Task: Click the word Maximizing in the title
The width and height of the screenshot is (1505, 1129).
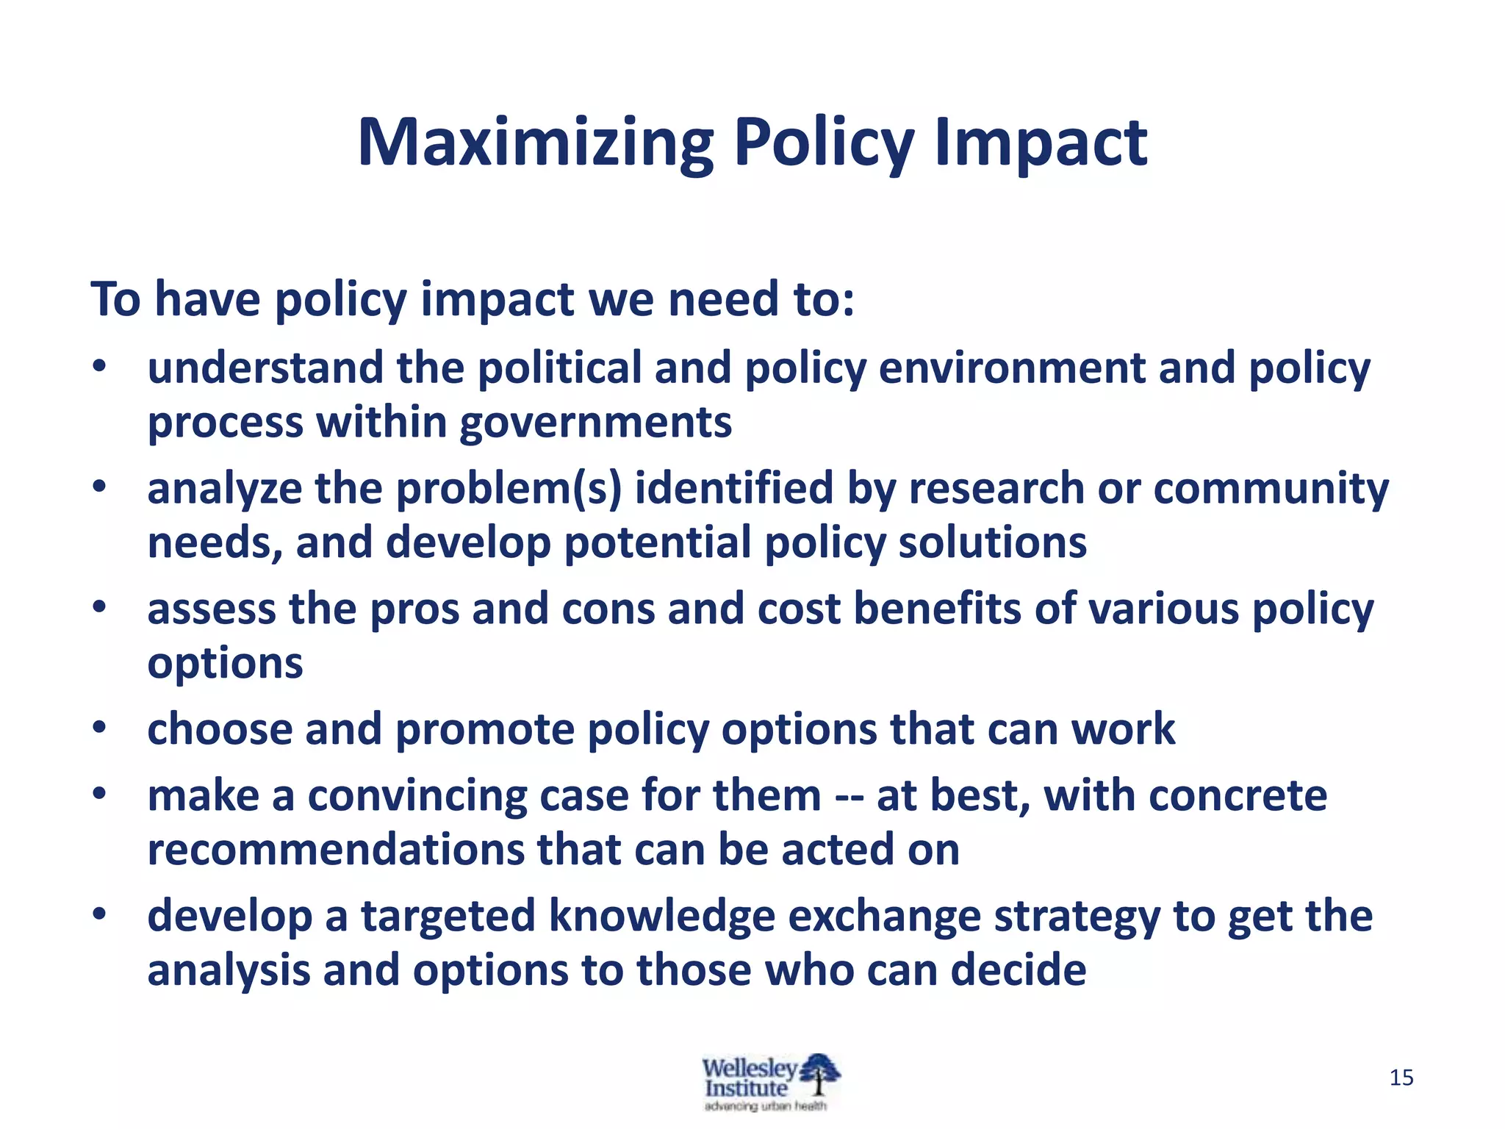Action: (535, 144)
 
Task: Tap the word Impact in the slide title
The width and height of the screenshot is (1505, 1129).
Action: (1040, 144)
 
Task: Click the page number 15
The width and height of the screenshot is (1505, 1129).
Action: (1401, 1078)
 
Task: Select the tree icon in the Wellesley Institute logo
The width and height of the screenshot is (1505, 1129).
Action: (819, 1074)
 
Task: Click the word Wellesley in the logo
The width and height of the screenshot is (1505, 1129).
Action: (748, 1067)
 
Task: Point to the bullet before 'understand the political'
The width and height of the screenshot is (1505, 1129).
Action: (100, 367)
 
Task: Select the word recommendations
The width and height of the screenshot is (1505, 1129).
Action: (336, 850)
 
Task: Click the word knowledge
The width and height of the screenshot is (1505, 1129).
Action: (661, 917)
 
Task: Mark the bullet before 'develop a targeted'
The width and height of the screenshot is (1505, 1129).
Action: (100, 915)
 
